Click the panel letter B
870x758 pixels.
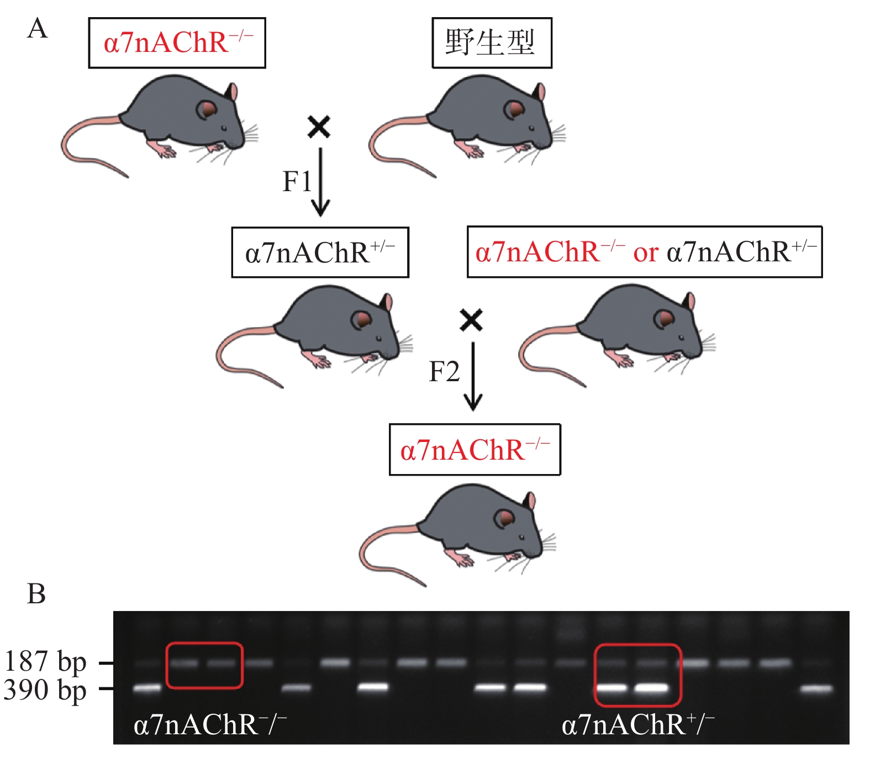point(36,594)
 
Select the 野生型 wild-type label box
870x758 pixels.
point(491,43)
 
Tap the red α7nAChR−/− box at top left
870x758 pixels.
point(177,43)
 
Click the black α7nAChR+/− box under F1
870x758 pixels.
point(320,252)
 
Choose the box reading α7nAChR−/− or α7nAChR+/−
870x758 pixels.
point(644,252)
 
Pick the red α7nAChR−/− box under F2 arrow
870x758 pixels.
point(474,450)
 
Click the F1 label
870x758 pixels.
point(297,181)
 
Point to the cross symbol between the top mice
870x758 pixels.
point(319,127)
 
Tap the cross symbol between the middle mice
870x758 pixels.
point(471,320)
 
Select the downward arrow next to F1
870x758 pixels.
point(320,182)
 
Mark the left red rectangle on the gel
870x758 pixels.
point(204,665)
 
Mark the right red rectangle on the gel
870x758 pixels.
point(637,675)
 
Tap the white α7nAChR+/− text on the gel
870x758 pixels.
point(638,725)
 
